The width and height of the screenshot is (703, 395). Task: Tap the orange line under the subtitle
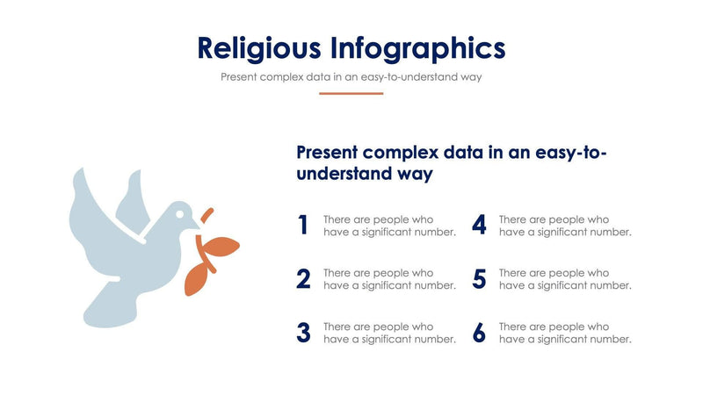tap(351, 93)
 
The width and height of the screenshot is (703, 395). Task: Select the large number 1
tap(303, 226)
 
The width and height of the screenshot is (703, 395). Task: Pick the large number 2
tap(303, 279)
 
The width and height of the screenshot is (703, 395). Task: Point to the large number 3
tap(303, 333)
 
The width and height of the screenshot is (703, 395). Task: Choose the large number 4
tap(479, 226)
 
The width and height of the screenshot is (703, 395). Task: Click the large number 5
tap(479, 279)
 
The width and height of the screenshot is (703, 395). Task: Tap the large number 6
tap(479, 333)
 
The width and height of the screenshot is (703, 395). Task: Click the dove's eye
tap(180, 212)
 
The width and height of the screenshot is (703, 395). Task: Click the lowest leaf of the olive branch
tap(194, 281)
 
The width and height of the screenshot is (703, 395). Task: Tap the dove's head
tap(181, 215)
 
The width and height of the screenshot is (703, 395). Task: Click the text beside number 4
tap(565, 226)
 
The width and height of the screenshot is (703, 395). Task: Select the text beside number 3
tap(389, 333)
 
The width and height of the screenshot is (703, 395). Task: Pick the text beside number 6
tap(565, 333)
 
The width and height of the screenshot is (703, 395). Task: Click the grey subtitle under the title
tap(351, 76)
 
